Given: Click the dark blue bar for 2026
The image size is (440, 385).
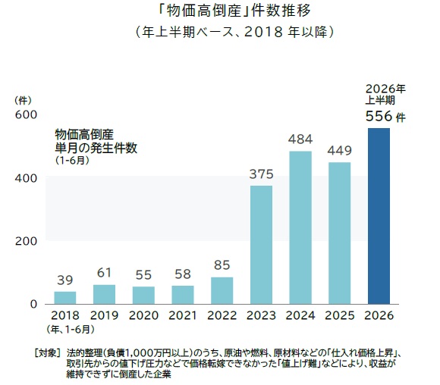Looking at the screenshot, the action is click(379, 216).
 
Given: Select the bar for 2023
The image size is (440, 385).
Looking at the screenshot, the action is click(261, 245).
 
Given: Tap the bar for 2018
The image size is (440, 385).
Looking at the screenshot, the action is click(65, 298).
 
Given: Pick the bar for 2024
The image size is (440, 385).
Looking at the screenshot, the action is click(300, 227).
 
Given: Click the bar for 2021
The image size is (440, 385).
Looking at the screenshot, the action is click(183, 295).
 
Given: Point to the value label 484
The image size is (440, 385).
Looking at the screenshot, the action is click(300, 139).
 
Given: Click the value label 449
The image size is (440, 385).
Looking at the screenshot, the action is click(340, 151).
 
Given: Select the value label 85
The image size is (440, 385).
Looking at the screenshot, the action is click(222, 265).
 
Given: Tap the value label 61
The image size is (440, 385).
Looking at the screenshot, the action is click(104, 273).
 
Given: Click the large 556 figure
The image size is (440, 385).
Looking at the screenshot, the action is click(379, 116).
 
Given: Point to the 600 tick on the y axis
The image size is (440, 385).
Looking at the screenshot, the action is click(26, 114).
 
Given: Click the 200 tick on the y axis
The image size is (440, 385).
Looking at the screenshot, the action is click(26, 241).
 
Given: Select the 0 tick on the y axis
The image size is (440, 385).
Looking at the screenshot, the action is click(33, 304).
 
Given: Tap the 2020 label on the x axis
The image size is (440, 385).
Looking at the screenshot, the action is click(143, 315).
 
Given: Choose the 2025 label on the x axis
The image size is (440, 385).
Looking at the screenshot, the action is click(340, 315).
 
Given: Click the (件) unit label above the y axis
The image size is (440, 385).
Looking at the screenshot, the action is click(23, 101).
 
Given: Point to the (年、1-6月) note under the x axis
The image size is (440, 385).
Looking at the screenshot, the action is click(71, 330).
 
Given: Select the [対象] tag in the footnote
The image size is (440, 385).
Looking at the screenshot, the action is click(47, 353).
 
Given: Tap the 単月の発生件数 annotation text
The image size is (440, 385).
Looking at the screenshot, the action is click(96, 148).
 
